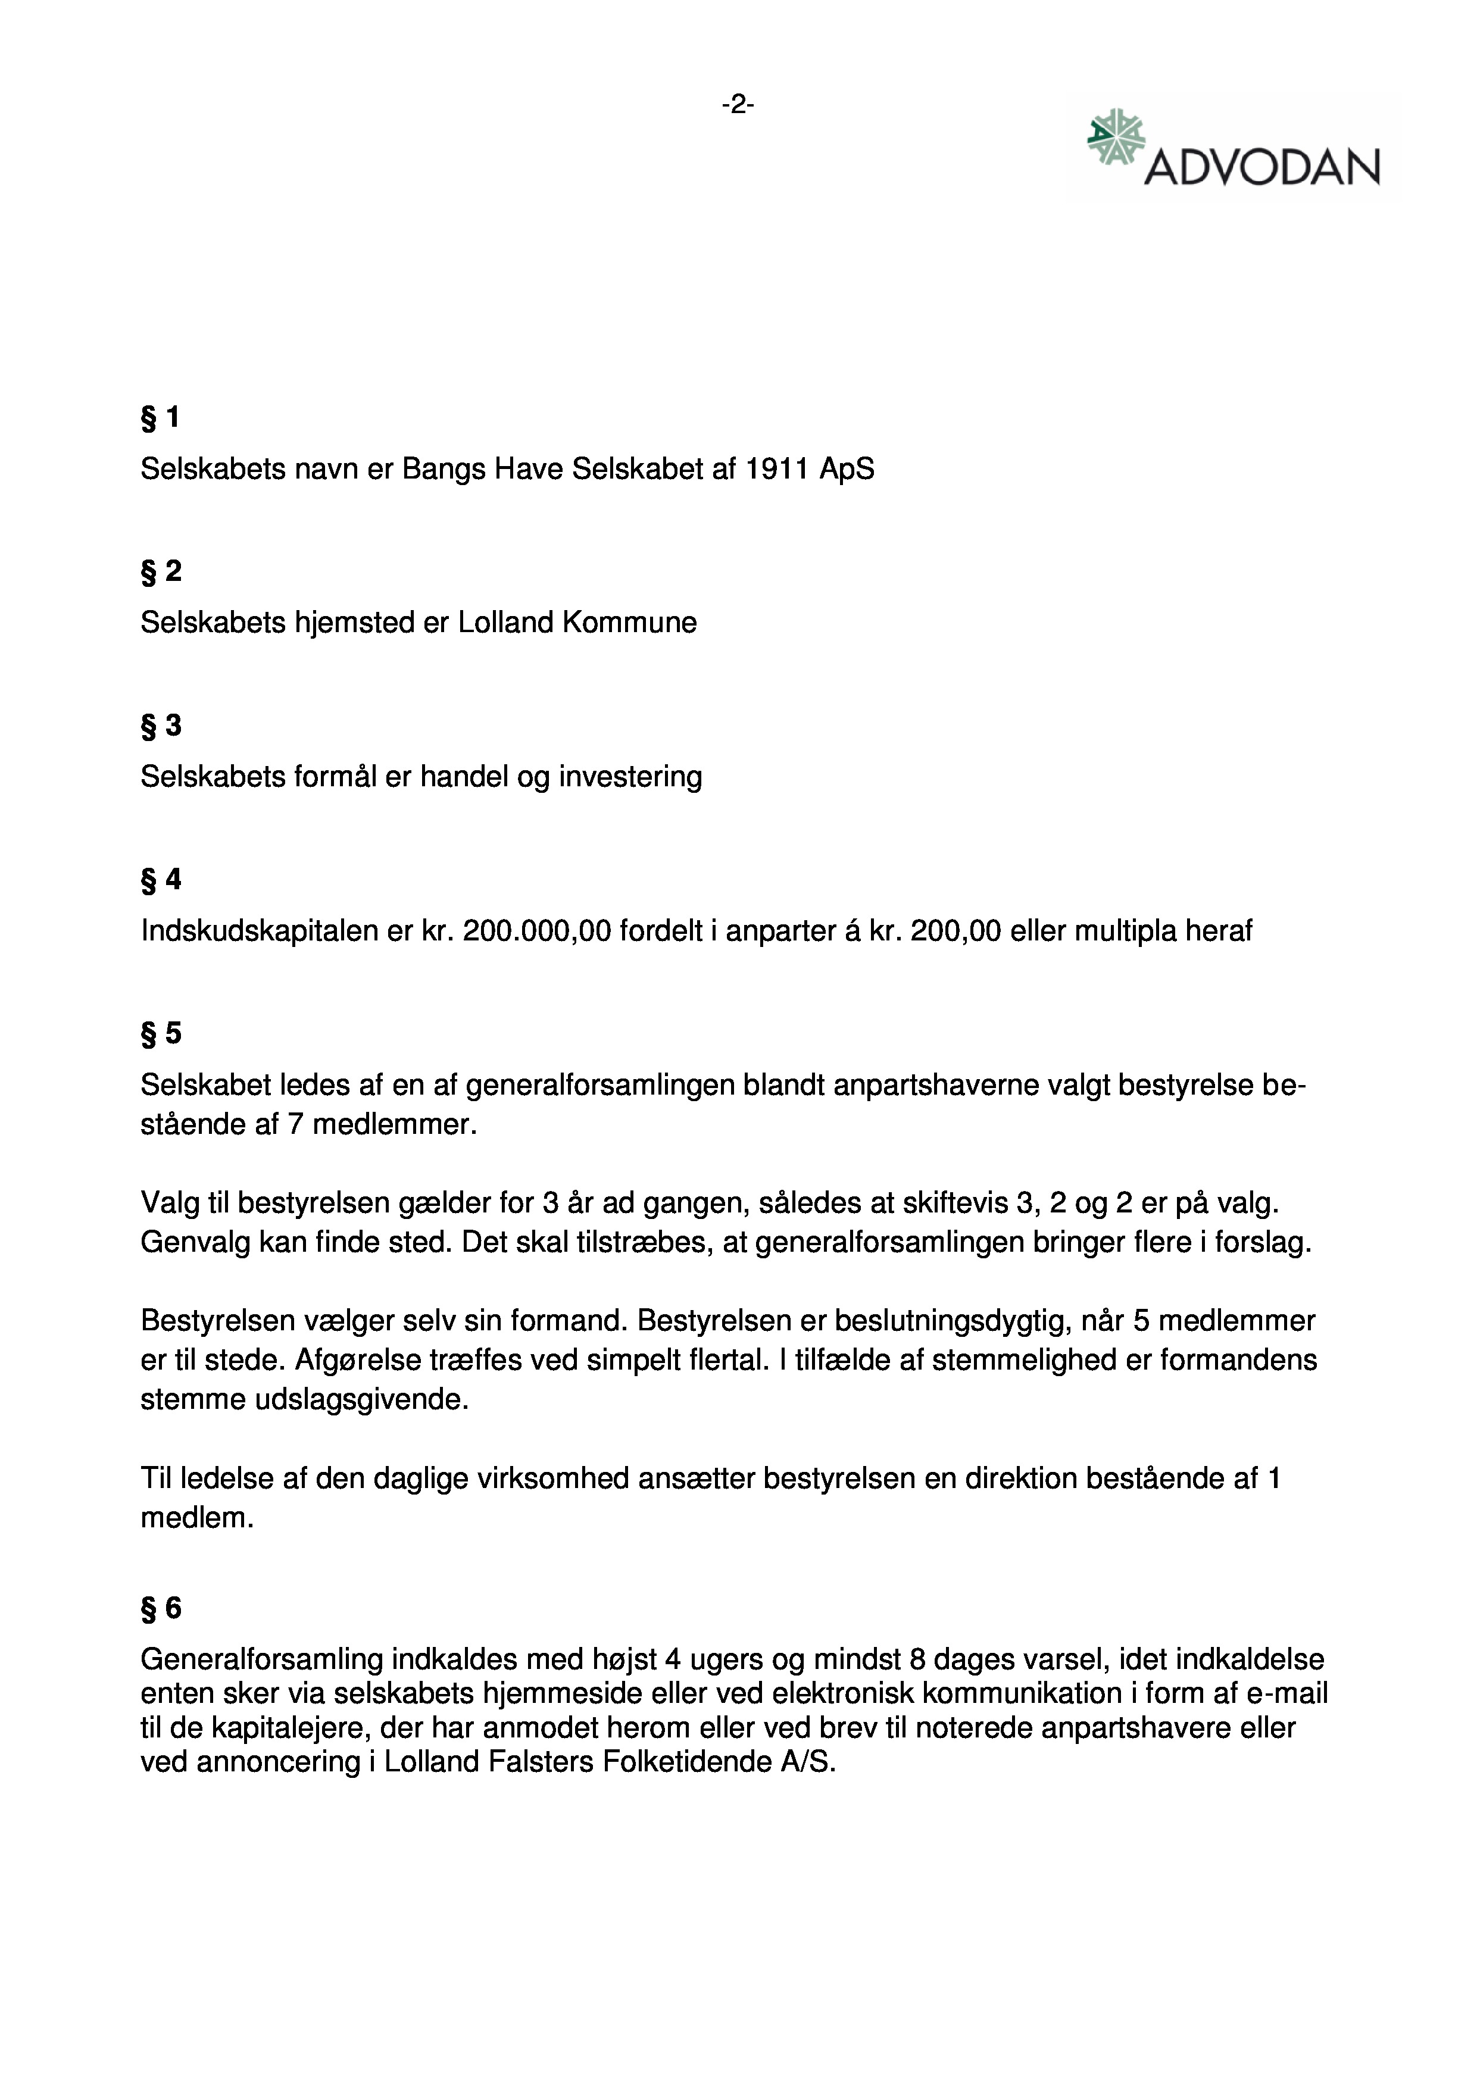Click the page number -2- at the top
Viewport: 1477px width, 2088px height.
click(738, 105)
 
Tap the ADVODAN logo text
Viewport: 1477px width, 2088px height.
click(1261, 167)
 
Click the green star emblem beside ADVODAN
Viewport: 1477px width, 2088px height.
click(1115, 137)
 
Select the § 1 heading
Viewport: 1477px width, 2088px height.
click(160, 417)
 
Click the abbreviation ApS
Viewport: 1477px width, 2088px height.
click(847, 469)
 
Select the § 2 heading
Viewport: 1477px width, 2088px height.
click(161, 571)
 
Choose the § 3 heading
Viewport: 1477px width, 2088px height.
click(161, 726)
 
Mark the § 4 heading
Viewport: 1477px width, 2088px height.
click(161, 879)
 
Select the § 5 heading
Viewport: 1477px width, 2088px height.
click(161, 1033)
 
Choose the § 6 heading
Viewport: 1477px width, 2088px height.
click(161, 1609)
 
